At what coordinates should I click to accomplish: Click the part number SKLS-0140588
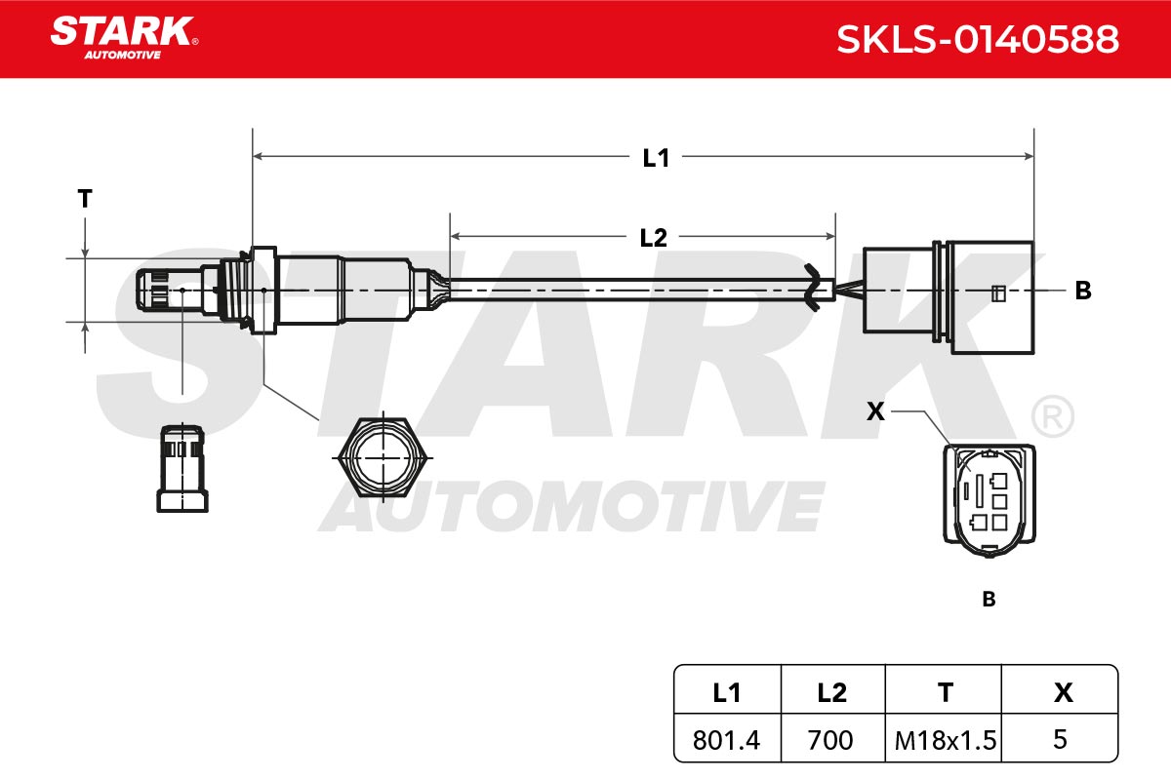tap(978, 39)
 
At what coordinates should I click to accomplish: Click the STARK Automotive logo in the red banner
tap(124, 38)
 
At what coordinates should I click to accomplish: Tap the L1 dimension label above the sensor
tap(656, 158)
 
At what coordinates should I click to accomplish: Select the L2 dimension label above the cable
tap(654, 238)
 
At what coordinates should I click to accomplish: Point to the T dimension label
tap(85, 199)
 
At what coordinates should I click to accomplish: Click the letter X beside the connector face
tap(875, 411)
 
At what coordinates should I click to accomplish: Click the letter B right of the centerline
tap(1083, 291)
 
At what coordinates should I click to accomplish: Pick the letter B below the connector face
tap(989, 600)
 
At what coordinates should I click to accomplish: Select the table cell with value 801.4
tap(727, 740)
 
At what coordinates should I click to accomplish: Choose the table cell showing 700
tap(832, 740)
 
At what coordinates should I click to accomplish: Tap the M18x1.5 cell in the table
tap(944, 740)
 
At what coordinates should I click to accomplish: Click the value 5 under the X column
tap(1060, 739)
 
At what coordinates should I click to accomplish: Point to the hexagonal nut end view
tap(384, 457)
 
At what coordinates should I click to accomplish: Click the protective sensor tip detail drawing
tap(182, 468)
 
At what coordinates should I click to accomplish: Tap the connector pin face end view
tap(989, 500)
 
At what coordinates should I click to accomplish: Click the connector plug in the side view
tap(949, 296)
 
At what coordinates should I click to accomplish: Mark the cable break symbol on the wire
tap(812, 288)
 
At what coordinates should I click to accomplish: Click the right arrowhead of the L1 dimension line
tap(1029, 156)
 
